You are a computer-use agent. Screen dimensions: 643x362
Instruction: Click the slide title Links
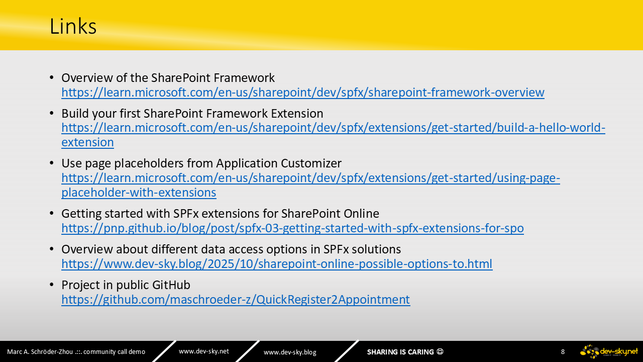[73, 27]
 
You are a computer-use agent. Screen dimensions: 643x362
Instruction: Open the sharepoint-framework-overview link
[303, 93]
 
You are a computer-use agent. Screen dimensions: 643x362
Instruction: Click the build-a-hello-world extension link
[333, 135]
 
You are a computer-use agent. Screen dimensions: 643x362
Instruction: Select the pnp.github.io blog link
[292, 228]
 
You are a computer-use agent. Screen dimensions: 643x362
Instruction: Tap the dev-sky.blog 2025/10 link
[277, 264]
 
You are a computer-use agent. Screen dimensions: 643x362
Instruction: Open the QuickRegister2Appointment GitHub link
[236, 299]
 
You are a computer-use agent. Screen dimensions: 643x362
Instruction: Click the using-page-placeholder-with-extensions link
[310, 185]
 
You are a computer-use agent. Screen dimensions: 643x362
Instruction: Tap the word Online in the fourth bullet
[362, 214]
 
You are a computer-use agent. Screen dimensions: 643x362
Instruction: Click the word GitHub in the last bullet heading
[171, 285]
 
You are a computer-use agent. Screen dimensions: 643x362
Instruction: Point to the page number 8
[563, 351]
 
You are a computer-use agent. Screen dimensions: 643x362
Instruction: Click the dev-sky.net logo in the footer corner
[609, 351]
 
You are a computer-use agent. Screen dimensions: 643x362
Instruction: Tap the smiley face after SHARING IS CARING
[440, 351]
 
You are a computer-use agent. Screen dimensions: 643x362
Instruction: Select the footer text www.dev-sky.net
[204, 351]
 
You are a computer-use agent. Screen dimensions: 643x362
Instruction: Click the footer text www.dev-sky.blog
[290, 352]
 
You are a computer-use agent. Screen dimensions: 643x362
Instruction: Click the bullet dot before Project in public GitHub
[52, 285]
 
